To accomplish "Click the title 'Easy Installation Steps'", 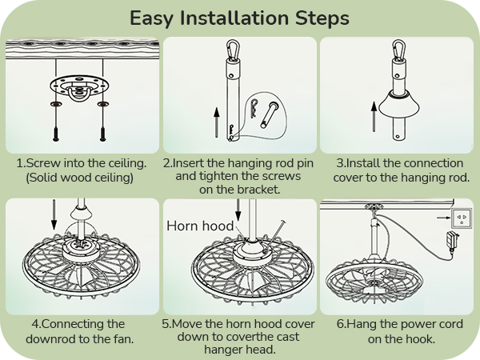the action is click(239, 18).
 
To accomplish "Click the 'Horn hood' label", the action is click(200, 226).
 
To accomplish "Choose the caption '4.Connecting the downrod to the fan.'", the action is click(81, 331).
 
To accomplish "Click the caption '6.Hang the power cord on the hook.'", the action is click(398, 331).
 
